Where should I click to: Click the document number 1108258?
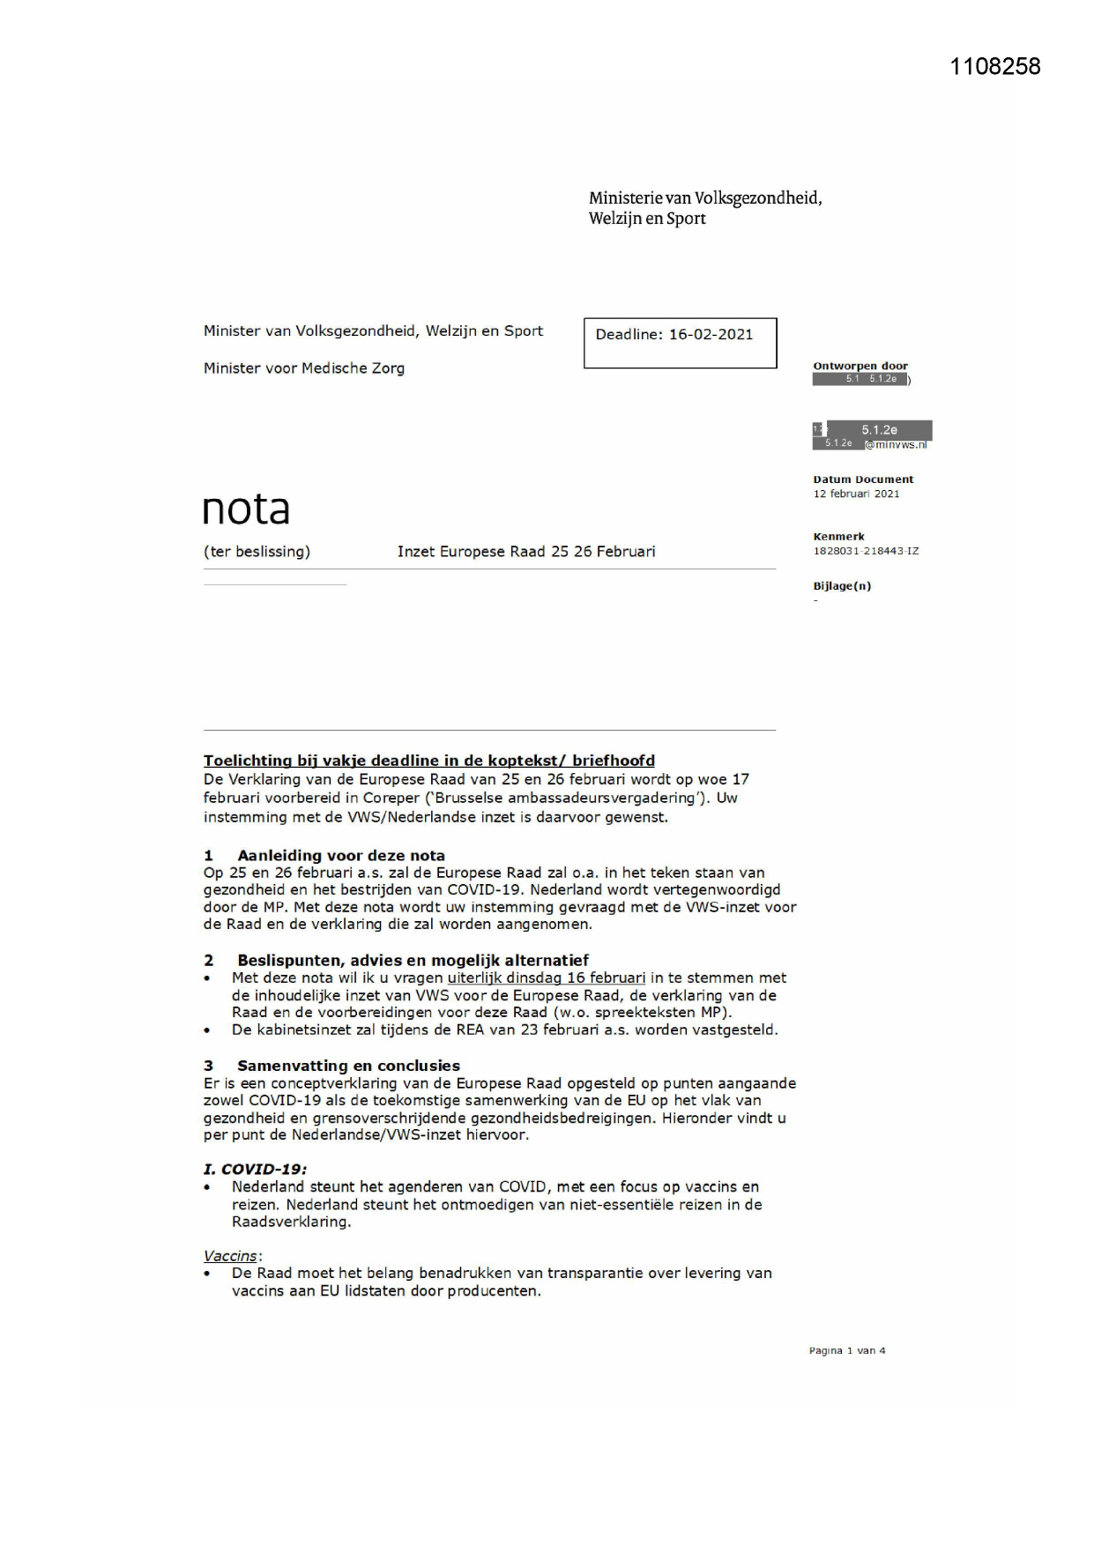coord(994,67)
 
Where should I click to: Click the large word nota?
coord(246,509)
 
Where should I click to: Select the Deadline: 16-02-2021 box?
coord(680,343)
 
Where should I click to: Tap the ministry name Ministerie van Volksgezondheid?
coord(705,198)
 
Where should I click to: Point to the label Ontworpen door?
coord(860,366)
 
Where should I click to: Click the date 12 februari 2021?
coord(856,494)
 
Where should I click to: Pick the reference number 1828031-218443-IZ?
coord(865,551)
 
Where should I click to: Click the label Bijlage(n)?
coord(841,586)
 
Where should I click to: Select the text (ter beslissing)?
coord(257,552)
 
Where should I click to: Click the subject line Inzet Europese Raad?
coord(525,552)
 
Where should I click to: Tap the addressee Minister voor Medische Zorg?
coord(304,368)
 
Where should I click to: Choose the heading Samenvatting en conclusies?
coord(348,1066)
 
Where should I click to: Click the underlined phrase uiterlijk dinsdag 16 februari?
coord(547,977)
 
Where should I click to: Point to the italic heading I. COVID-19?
coord(255,1169)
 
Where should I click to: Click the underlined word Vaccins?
coord(231,1256)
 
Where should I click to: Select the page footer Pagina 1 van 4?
coord(846,1350)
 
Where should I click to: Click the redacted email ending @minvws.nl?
coord(896,444)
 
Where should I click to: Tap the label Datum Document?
coord(863,479)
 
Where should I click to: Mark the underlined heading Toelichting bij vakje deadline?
coord(428,761)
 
